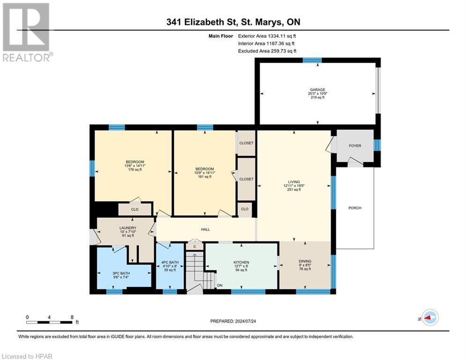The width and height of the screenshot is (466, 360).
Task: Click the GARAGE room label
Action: [317, 90]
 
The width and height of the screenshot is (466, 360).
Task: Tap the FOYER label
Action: [355, 146]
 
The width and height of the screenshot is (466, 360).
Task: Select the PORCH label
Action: [355, 208]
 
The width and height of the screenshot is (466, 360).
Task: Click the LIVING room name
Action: [294, 182]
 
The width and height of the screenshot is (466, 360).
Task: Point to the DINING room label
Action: [305, 261]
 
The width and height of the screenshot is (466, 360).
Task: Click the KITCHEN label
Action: [241, 262]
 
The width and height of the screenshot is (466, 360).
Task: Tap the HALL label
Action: [205, 229]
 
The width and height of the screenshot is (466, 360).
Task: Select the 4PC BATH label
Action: [170, 262]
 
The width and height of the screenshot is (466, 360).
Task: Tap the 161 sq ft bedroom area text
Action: [204, 177]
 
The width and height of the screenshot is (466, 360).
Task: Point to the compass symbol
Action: [429, 318]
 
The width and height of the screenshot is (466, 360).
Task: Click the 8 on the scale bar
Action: [72, 317]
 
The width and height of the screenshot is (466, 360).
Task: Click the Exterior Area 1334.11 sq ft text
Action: [267, 36]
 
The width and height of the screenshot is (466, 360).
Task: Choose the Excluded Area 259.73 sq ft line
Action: [267, 51]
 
